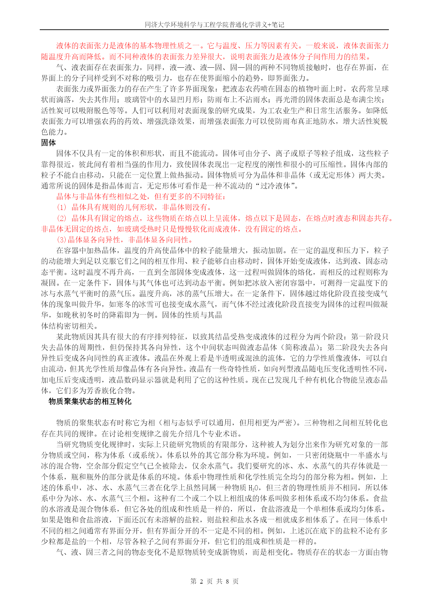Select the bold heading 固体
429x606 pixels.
[x=48, y=143]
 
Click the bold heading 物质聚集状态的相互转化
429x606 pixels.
[x=90, y=401]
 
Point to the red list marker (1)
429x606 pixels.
[x=62, y=207]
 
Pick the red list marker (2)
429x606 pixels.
[x=62, y=218]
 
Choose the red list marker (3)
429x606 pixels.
[x=62, y=240]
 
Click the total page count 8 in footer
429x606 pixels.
[x=227, y=581]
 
